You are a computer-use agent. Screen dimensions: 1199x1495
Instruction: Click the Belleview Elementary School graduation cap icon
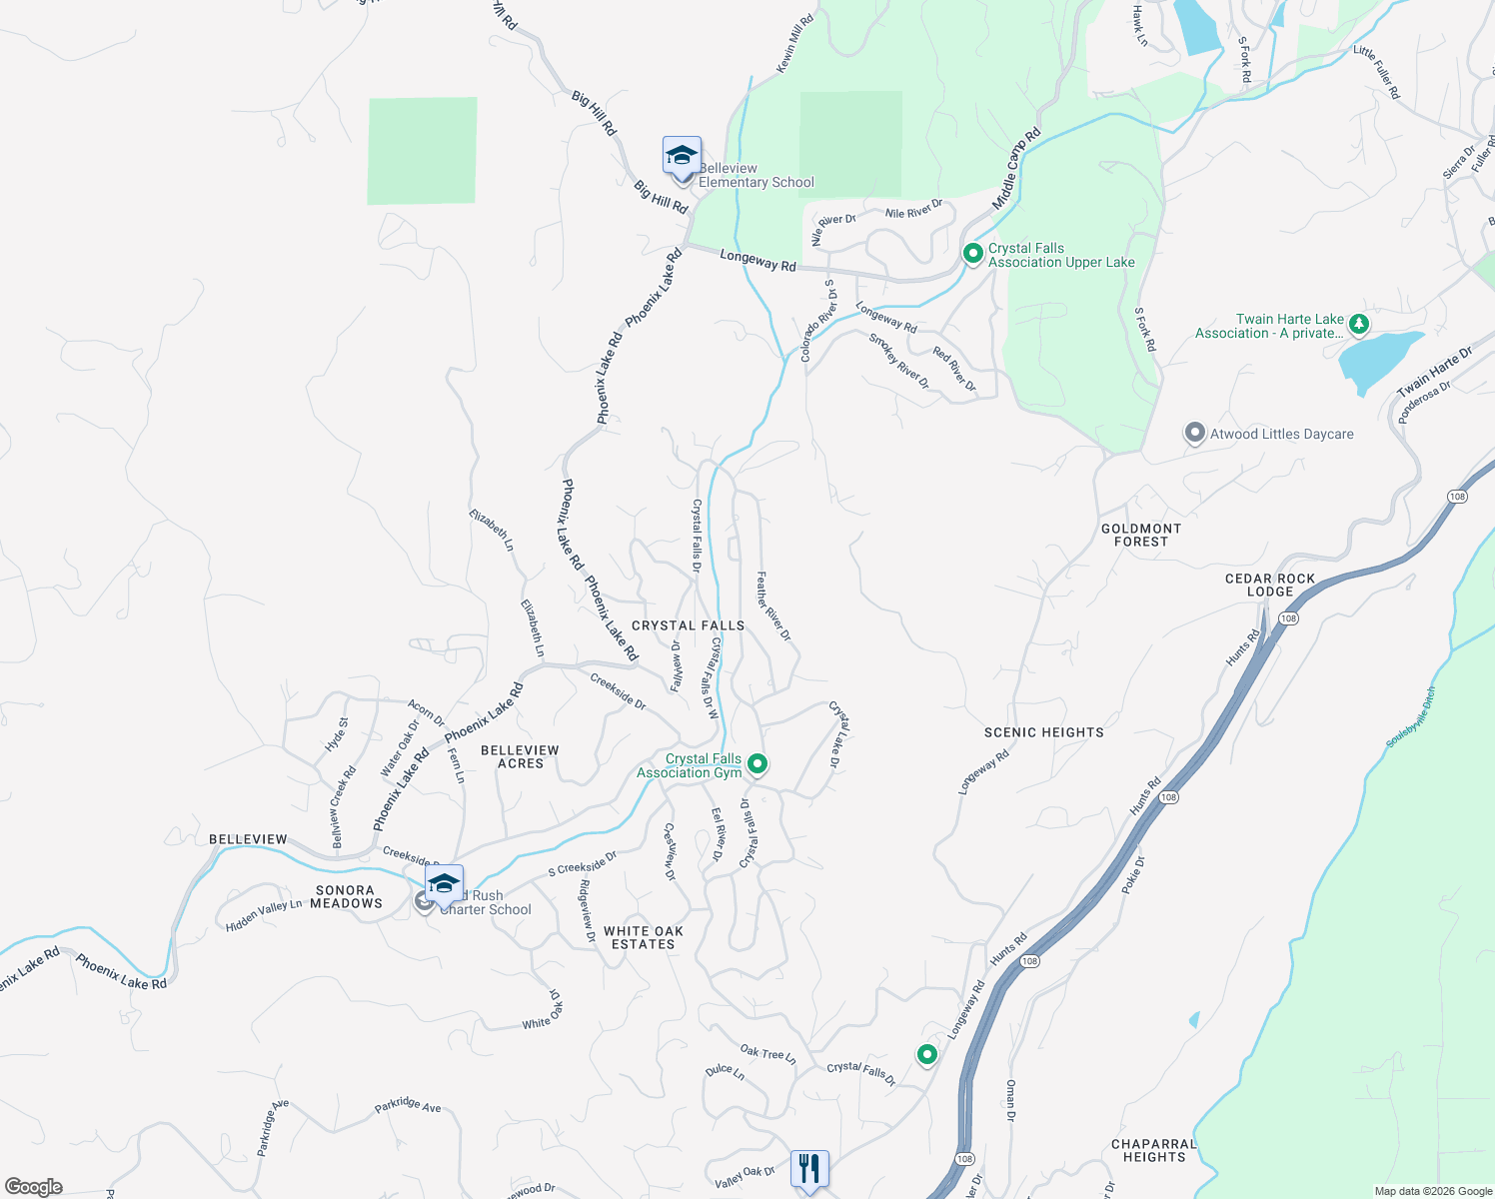click(x=682, y=158)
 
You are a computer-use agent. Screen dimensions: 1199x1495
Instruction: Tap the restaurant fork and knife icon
click(x=809, y=1168)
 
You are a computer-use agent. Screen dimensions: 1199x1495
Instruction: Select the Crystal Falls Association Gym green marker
click(x=757, y=764)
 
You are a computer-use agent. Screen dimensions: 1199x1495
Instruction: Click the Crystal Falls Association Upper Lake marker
click(x=972, y=254)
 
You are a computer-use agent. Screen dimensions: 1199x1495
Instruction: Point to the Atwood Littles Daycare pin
click(x=1194, y=434)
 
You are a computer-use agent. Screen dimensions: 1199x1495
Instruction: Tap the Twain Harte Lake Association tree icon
click(x=1358, y=324)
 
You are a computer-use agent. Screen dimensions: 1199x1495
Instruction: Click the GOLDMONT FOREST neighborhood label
click(x=1141, y=535)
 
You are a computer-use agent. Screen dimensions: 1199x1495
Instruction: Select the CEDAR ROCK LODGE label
click(x=1270, y=585)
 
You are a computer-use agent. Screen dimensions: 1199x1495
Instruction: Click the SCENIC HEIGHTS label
click(x=1044, y=732)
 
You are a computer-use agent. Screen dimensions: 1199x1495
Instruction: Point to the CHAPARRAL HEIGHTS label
click(x=1154, y=1150)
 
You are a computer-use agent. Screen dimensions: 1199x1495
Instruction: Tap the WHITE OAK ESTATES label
click(x=644, y=937)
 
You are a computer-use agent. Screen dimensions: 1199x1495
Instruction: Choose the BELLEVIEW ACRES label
click(x=520, y=756)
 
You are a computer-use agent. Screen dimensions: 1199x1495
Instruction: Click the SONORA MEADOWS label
click(x=346, y=896)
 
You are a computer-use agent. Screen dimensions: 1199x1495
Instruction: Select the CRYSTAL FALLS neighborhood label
click(x=689, y=625)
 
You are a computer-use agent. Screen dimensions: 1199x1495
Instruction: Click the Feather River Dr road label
click(x=773, y=605)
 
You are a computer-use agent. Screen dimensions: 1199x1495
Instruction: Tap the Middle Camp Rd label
click(x=1016, y=169)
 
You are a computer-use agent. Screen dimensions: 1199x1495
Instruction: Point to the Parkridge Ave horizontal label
click(x=408, y=1106)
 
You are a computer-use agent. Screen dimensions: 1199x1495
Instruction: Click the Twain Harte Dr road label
click(x=1435, y=371)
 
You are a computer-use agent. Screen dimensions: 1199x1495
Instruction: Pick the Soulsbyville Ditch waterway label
click(x=1411, y=716)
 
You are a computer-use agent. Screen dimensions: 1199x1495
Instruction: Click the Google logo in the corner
click(x=34, y=1187)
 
